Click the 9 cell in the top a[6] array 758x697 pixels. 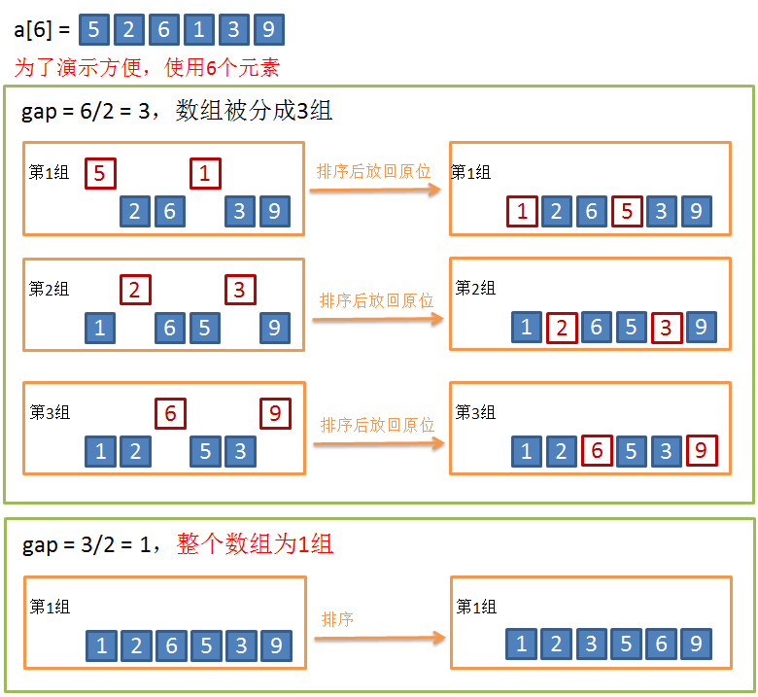click(x=267, y=30)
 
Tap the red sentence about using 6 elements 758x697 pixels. click(x=147, y=68)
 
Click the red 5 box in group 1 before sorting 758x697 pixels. click(x=100, y=174)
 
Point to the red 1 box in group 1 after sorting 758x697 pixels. click(x=522, y=211)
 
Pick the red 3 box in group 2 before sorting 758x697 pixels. click(x=239, y=290)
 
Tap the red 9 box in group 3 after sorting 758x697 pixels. click(x=701, y=450)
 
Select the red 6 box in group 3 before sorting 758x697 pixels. click(x=170, y=413)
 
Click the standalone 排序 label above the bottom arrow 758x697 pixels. click(x=337, y=619)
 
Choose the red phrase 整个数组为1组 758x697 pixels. click(x=256, y=544)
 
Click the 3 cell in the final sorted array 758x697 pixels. click(x=591, y=644)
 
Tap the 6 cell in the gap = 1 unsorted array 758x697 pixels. click(x=171, y=645)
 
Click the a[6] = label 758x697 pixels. click(x=41, y=30)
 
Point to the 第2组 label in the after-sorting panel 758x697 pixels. click(x=475, y=289)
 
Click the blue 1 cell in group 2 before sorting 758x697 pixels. click(x=100, y=328)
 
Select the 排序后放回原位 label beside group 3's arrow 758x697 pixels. click(x=377, y=425)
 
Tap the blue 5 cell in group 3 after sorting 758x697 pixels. click(x=631, y=451)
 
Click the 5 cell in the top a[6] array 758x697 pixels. click(x=92, y=30)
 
